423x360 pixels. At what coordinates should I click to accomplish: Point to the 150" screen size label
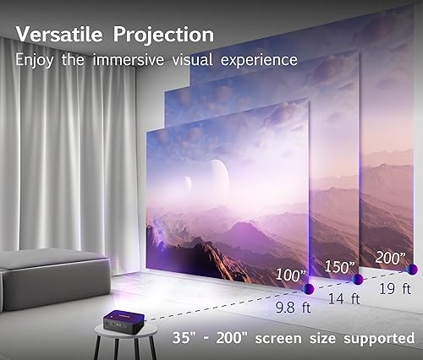click(338, 266)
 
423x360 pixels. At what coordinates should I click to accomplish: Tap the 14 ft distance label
click(350, 298)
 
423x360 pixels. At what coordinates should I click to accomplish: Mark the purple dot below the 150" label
click(358, 279)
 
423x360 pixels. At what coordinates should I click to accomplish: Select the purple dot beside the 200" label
click(412, 269)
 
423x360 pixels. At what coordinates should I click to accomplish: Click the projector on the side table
click(113, 317)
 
